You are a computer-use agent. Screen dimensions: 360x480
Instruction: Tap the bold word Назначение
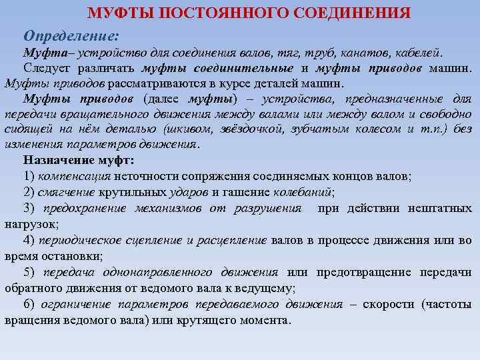(57, 161)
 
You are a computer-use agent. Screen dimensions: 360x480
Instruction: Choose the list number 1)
(29, 177)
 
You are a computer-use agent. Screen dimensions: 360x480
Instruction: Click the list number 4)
(29, 240)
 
